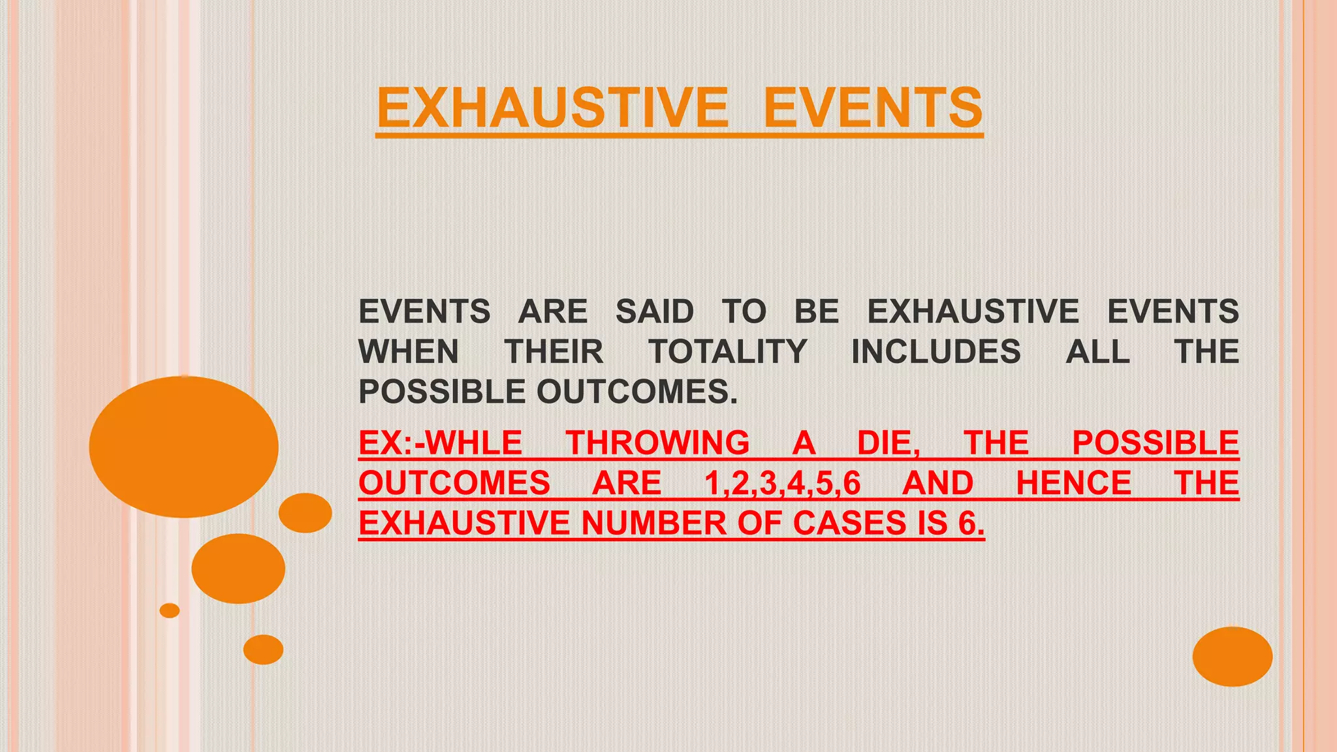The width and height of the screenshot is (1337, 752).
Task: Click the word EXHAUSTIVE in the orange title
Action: [x=552, y=108]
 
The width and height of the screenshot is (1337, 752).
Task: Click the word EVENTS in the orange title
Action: [x=873, y=108]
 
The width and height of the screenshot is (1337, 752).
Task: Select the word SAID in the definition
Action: [x=654, y=311]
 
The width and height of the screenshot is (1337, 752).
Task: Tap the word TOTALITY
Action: [x=728, y=352]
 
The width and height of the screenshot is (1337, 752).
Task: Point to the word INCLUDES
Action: [x=936, y=352]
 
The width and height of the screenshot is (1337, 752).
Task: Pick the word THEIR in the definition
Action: [x=554, y=352]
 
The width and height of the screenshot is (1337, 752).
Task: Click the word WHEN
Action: [x=409, y=352]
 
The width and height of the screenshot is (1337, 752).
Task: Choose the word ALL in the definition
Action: [x=1097, y=352]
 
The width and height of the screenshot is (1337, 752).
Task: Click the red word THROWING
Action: [x=657, y=443]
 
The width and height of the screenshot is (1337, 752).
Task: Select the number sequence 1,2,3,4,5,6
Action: [x=782, y=484]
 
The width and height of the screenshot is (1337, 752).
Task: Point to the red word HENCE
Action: [x=1073, y=484]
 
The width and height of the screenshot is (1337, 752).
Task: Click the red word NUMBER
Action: [x=654, y=524]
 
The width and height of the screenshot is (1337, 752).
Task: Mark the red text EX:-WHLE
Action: [x=441, y=443]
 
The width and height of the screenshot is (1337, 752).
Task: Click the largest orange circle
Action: [x=183, y=447]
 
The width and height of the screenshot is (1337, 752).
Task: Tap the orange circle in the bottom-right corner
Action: [x=1232, y=656]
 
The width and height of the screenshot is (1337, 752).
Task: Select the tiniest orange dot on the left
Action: [x=170, y=610]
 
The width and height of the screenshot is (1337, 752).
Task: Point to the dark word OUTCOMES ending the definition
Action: [x=636, y=392]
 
